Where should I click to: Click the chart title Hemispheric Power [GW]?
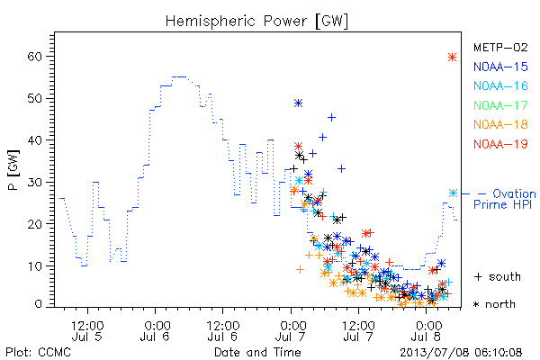point(256,22)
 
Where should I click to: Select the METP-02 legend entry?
point(500,48)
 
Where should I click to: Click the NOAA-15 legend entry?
point(500,67)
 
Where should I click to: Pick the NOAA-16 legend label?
point(500,85)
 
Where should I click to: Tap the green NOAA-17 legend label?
point(500,105)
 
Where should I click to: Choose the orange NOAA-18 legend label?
point(500,124)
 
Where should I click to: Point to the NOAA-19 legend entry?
point(500,144)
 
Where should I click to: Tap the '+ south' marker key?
point(498,276)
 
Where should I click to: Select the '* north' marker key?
point(494,304)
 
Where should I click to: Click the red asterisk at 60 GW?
point(452,58)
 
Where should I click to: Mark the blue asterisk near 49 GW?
point(298,103)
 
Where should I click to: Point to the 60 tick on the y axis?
point(34,57)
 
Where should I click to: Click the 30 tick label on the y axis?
point(34,182)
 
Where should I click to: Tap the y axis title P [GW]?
point(13,170)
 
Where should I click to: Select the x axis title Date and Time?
point(257,352)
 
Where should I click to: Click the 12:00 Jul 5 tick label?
point(87,330)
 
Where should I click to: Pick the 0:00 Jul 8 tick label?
point(427,330)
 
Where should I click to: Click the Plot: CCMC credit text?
point(38,352)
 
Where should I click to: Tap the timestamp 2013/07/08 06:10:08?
point(461,353)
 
